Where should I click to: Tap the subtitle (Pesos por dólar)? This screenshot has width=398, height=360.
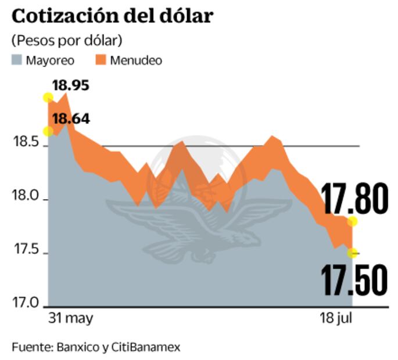click(x=66, y=40)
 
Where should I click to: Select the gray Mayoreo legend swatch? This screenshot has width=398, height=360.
click(x=17, y=60)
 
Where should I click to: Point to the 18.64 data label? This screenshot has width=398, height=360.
click(x=71, y=119)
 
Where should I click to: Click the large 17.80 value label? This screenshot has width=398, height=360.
click(x=355, y=199)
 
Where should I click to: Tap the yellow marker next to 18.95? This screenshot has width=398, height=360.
click(x=49, y=97)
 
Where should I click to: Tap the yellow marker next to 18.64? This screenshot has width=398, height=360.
click(x=48, y=131)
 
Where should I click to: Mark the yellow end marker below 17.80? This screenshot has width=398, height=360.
click(x=352, y=222)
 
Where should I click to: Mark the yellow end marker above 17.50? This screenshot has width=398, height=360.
click(x=352, y=253)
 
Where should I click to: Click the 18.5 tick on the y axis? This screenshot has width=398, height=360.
click(x=26, y=143)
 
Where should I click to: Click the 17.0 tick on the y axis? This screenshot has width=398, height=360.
click(x=26, y=303)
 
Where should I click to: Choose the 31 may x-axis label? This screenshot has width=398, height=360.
click(x=70, y=318)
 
